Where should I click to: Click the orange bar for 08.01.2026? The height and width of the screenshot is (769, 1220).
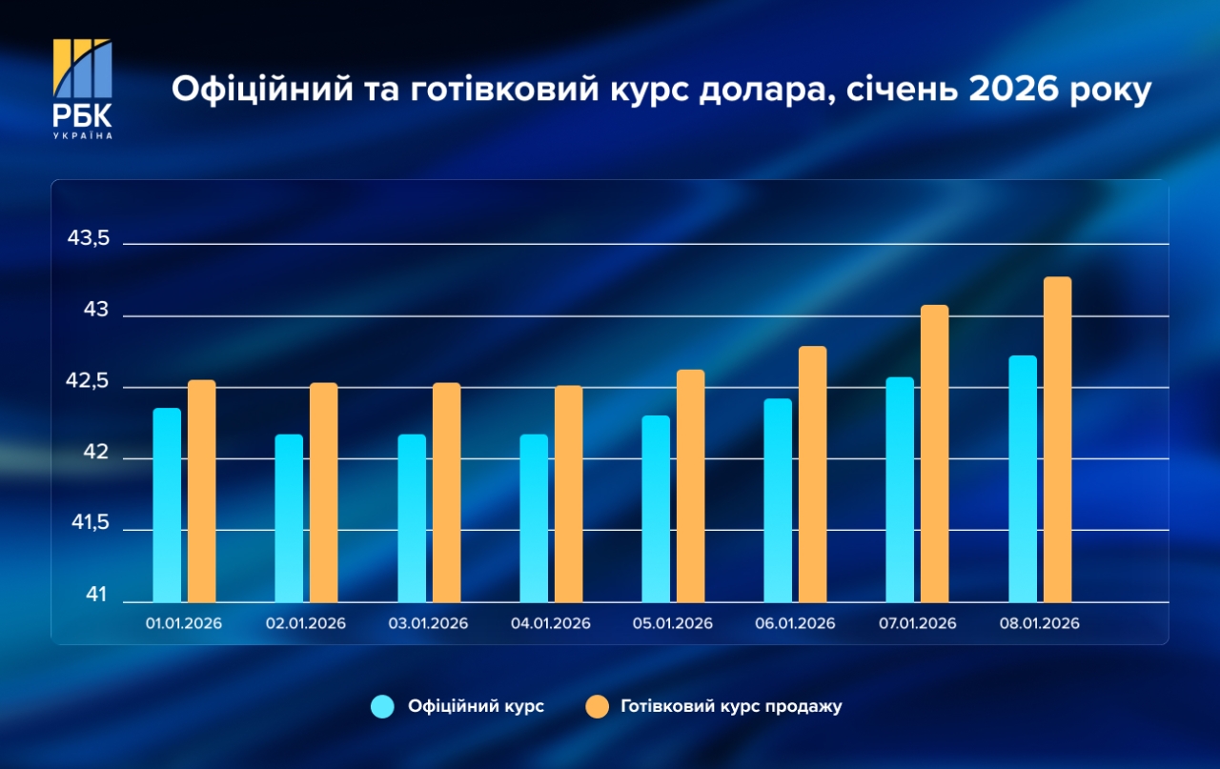point(1057,439)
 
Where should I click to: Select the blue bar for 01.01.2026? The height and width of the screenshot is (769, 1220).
point(167,505)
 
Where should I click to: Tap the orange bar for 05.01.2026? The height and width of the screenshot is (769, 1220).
point(690,486)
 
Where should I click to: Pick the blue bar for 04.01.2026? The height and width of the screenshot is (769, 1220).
point(534,518)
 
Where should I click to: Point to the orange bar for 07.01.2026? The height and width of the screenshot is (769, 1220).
point(934,454)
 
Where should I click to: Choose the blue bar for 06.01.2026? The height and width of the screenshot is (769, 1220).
point(778,500)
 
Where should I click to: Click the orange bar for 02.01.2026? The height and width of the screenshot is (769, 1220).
point(323,493)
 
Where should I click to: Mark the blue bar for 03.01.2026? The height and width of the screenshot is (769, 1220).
point(412,518)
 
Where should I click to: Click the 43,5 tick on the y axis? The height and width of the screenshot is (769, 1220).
point(89,239)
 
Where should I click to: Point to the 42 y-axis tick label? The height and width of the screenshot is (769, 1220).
point(96,455)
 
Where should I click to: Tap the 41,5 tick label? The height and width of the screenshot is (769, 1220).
point(89,525)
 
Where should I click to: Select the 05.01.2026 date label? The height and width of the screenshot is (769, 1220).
point(673,623)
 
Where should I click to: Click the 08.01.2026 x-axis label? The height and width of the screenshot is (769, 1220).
point(1039,623)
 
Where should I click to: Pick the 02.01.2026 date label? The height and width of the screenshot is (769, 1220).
point(306,623)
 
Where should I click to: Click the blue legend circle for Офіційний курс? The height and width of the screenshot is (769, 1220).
point(383,706)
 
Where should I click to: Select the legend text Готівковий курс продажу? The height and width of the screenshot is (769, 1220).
point(731,706)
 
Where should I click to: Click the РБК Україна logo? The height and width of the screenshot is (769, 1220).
point(82,89)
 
